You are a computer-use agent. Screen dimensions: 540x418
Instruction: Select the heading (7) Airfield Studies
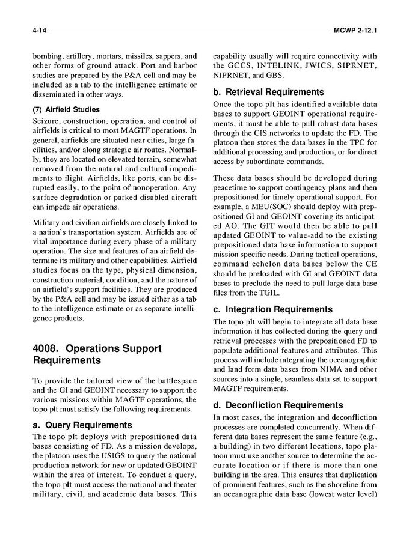[66, 109]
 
